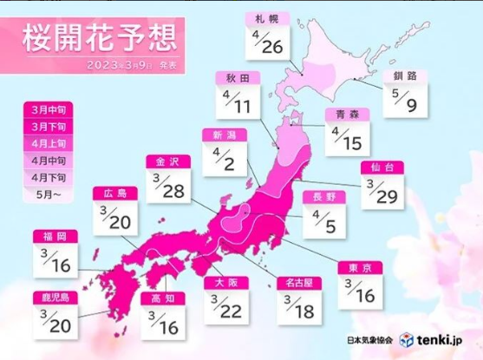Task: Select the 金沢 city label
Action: click(x=166, y=161)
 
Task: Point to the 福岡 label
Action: click(x=54, y=236)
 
